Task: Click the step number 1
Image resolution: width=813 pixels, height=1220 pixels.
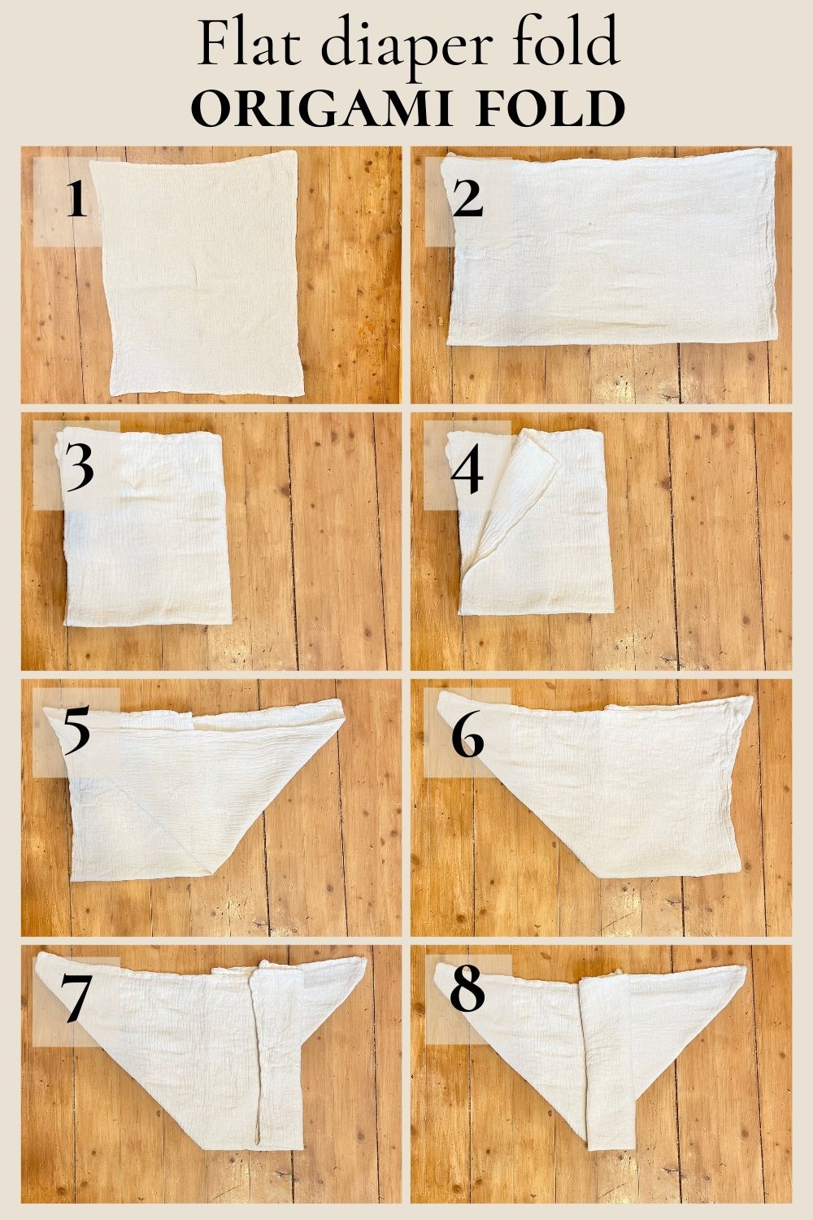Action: tap(76, 200)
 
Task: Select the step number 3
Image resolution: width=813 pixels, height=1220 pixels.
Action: tap(80, 469)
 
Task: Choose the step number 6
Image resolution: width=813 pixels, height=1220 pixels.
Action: tap(467, 739)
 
